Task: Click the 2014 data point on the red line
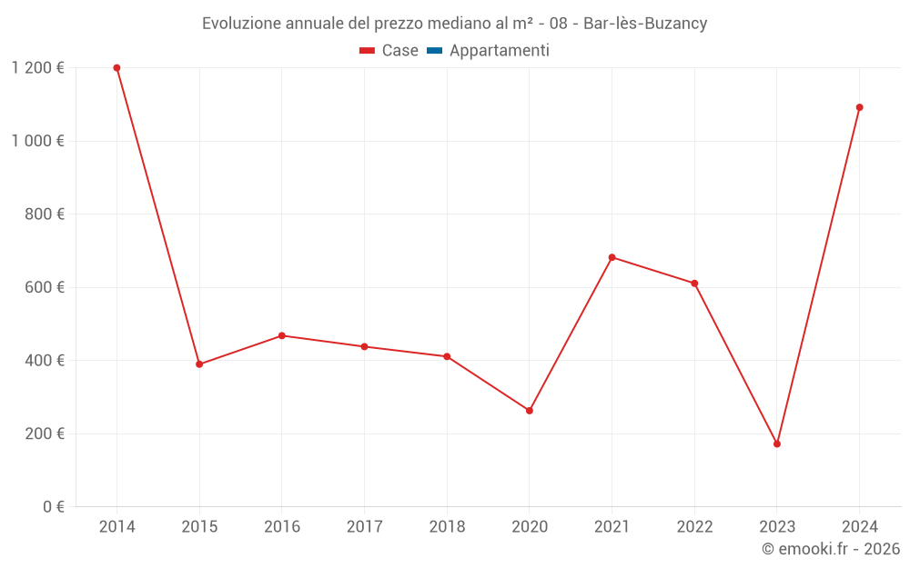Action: (x=116, y=68)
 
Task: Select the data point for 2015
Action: (x=199, y=364)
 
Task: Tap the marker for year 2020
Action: (x=530, y=411)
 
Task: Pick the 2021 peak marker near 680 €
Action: (x=612, y=257)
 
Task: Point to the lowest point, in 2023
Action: (x=777, y=444)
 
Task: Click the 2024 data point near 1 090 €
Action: (x=859, y=107)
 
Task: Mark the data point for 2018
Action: (x=447, y=356)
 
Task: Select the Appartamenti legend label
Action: (x=499, y=51)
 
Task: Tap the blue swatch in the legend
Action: (x=434, y=51)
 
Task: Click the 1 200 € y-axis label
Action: (x=37, y=68)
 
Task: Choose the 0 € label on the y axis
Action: (x=52, y=507)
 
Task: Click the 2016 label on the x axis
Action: (x=281, y=527)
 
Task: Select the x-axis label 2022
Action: (x=694, y=527)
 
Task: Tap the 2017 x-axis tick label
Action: (x=364, y=527)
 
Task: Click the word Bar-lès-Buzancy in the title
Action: (x=645, y=24)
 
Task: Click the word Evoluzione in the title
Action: (x=241, y=24)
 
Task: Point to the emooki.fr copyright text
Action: (x=830, y=549)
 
